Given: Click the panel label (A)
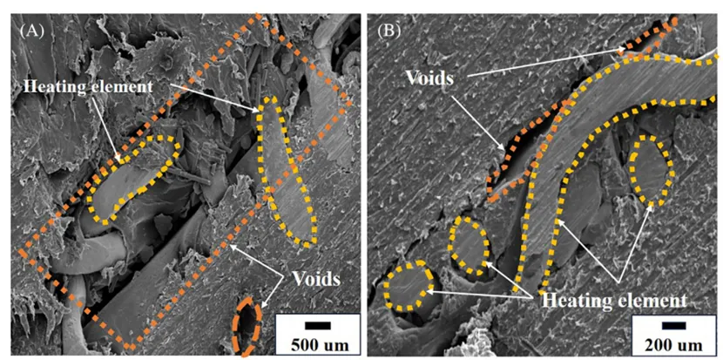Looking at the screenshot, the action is pyautogui.click(x=31, y=32).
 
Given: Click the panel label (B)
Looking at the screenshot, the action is pyautogui.click(x=389, y=32).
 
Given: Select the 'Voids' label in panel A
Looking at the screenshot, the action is pyautogui.click(x=316, y=279).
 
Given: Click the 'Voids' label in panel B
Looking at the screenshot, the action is pyautogui.click(x=429, y=78).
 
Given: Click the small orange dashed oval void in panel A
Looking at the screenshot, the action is pyautogui.click(x=248, y=326).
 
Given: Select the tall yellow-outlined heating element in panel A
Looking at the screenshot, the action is pyautogui.click(x=286, y=171).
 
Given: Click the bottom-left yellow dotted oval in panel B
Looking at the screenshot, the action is pyautogui.click(x=407, y=286).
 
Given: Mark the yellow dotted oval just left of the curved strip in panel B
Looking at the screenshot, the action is pyautogui.click(x=468, y=245).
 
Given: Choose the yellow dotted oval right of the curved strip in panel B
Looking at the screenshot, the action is pyautogui.click(x=650, y=171).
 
